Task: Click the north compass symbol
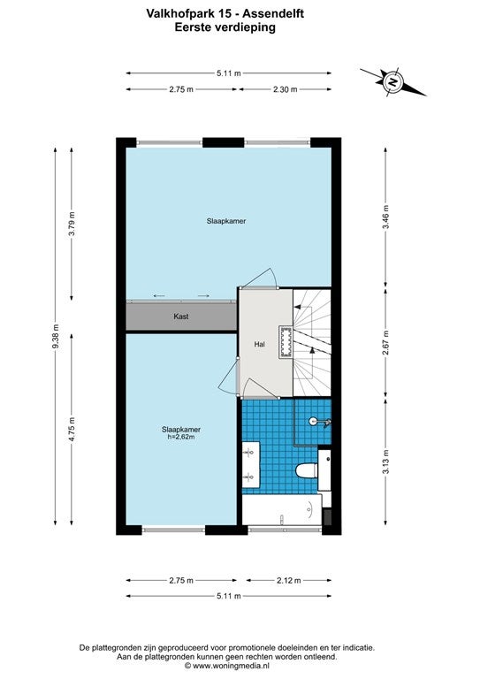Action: pos(393,81)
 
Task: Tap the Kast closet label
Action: pos(181,317)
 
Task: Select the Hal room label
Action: pos(260,344)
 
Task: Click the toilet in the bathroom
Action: pos(307,471)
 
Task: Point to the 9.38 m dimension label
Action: pos(56,336)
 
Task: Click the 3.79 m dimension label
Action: pos(72,224)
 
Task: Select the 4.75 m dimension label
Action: pos(72,429)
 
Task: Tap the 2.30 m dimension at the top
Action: pos(286,89)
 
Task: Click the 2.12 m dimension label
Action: pos(289,580)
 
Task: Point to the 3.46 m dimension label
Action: pos(385,217)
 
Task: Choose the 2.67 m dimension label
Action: pos(385,342)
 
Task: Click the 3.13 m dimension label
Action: pos(385,462)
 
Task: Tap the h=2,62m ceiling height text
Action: pos(181,438)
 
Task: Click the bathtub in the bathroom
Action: pos(282,510)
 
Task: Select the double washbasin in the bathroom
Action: pos(250,465)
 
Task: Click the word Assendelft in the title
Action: pos(273,14)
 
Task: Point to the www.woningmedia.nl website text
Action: pos(231,666)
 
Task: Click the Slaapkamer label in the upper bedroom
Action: pos(226,221)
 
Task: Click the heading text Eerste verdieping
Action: pos(225,27)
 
